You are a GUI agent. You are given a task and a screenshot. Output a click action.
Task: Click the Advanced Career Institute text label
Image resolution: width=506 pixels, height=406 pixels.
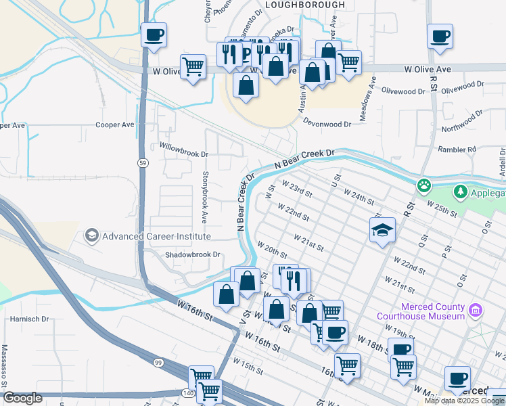(x=156, y=236)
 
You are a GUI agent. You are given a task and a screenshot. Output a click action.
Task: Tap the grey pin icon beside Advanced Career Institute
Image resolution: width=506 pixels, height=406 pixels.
(x=91, y=235)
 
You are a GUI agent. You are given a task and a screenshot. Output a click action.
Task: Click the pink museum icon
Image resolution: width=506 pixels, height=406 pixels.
(x=476, y=311)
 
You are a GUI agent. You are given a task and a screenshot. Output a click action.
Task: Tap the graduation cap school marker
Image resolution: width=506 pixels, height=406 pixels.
(x=382, y=230)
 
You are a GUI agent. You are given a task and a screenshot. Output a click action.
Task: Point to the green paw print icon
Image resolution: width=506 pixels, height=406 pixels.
(x=424, y=185)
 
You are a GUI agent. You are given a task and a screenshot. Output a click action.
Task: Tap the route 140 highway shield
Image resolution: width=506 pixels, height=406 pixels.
(x=189, y=392)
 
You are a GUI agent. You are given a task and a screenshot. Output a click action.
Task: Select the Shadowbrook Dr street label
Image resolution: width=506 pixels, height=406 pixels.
(x=193, y=254)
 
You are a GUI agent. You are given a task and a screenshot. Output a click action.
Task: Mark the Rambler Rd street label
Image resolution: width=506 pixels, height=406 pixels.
(x=458, y=149)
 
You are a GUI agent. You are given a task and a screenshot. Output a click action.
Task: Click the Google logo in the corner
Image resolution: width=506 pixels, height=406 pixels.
(x=22, y=399)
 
